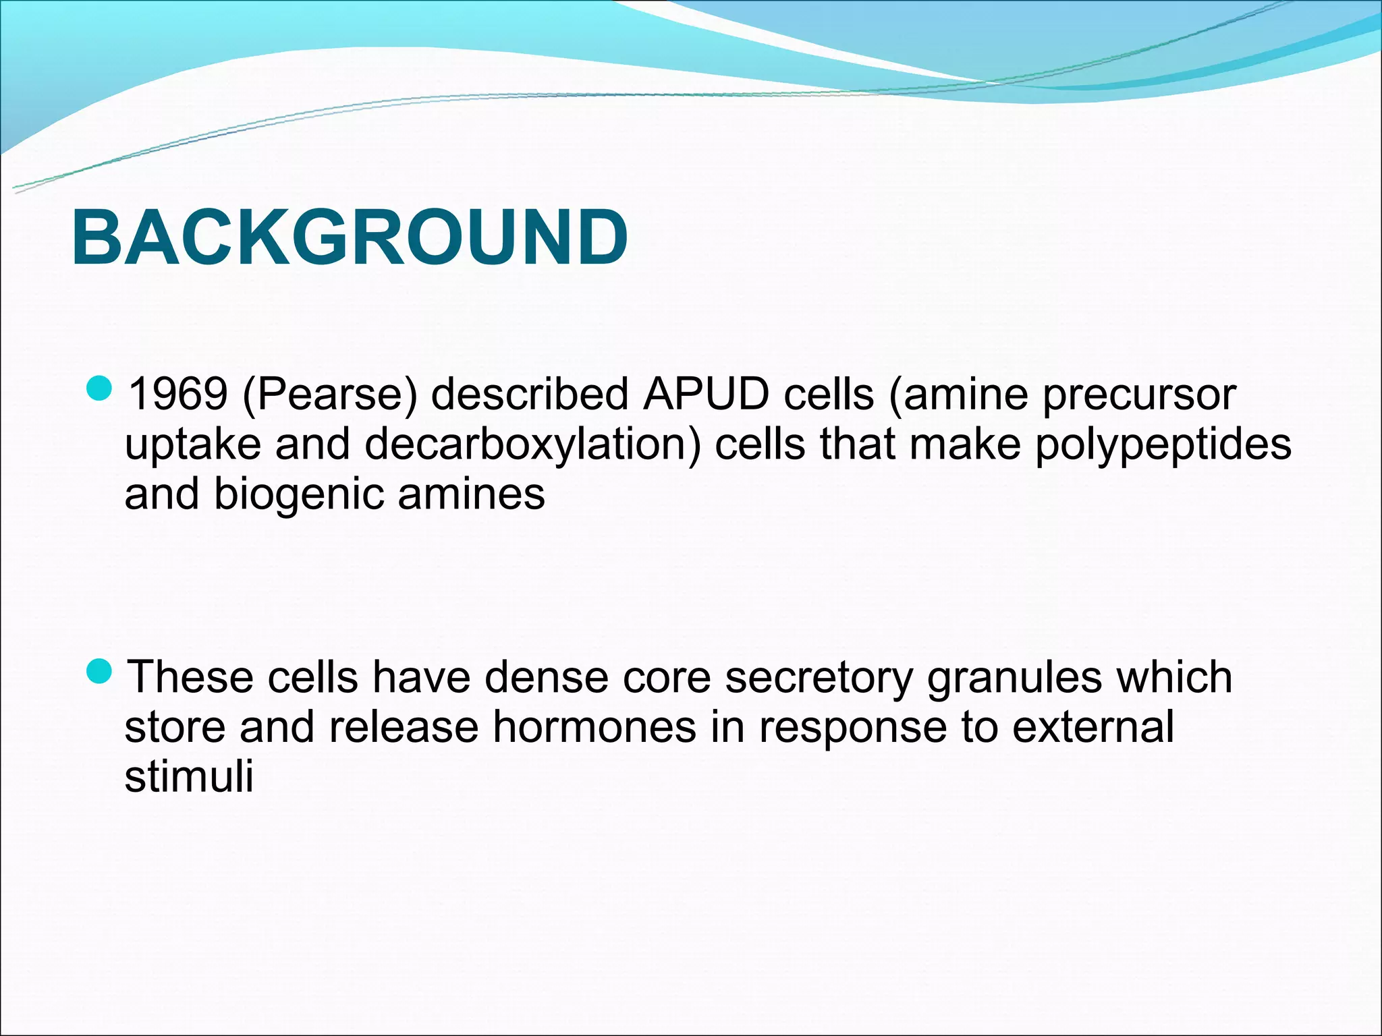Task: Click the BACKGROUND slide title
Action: tap(350, 237)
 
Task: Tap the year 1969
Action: tap(177, 394)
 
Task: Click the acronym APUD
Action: tap(706, 394)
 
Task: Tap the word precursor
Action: tap(1139, 395)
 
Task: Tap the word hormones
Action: tap(594, 727)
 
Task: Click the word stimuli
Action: tap(189, 776)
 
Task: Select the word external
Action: tap(1093, 727)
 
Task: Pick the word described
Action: tap(530, 394)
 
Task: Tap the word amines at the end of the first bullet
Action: tap(471, 494)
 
